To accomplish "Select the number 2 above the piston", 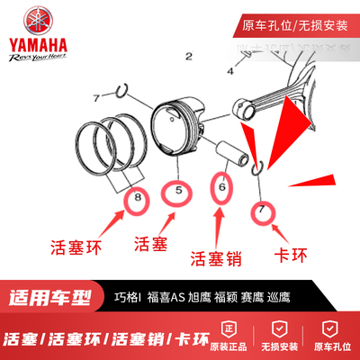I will click(x=188, y=56).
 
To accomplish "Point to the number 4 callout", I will click(x=230, y=68).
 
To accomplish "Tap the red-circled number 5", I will click(x=178, y=192).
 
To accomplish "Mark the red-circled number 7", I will click(x=262, y=210).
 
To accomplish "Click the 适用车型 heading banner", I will click(x=57, y=296).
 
